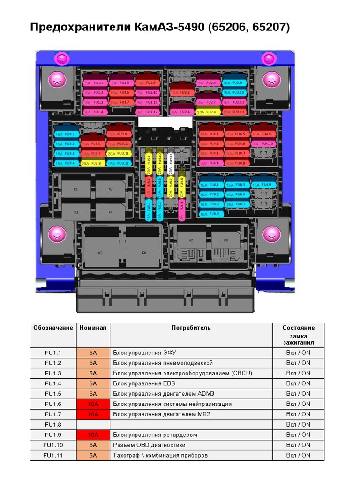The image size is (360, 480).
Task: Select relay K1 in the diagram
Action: [x=76, y=189]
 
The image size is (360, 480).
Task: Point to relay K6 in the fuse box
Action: [x=144, y=253]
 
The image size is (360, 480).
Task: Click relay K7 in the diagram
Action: [x=191, y=240]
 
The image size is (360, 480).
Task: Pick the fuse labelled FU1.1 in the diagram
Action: [x=95, y=83]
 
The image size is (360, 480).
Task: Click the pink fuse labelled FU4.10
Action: [x=264, y=143]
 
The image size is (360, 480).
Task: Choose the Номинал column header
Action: [x=93, y=328]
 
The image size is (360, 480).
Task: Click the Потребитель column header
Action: [x=191, y=328]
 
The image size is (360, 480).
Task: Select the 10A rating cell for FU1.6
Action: [x=93, y=404]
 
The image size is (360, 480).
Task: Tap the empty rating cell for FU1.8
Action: [x=93, y=424]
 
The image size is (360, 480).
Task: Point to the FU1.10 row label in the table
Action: [x=53, y=445]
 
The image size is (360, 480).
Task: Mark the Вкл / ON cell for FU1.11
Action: [x=298, y=455]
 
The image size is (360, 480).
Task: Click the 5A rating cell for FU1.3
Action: [x=93, y=373]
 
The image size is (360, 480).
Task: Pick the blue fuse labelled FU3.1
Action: [x=66, y=134]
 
